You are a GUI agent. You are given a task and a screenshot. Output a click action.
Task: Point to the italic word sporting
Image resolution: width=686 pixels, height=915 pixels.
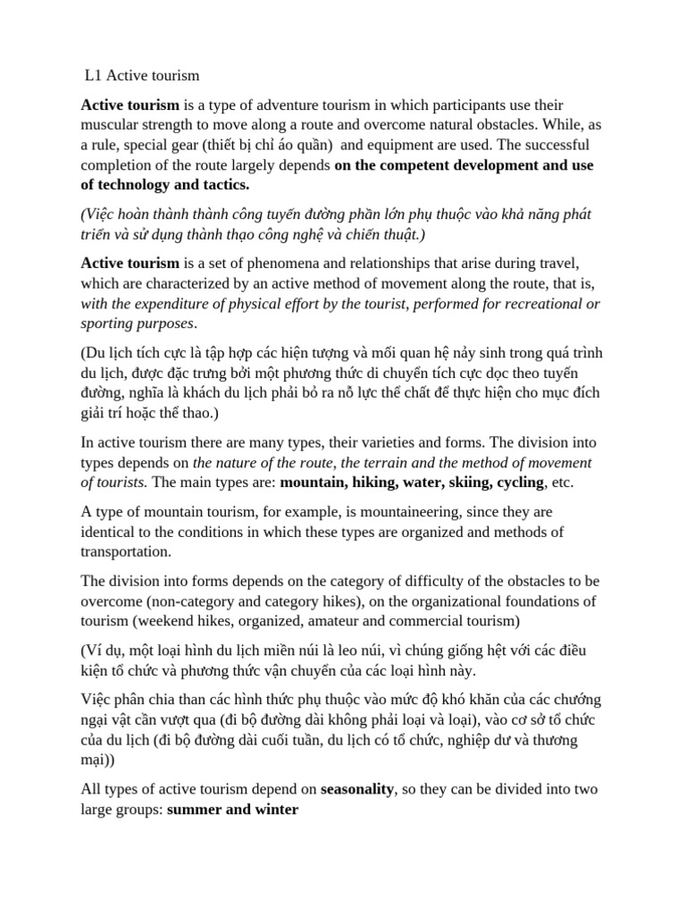pos(107,323)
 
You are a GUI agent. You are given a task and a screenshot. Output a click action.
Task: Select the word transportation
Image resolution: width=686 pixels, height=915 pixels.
pos(128,552)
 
